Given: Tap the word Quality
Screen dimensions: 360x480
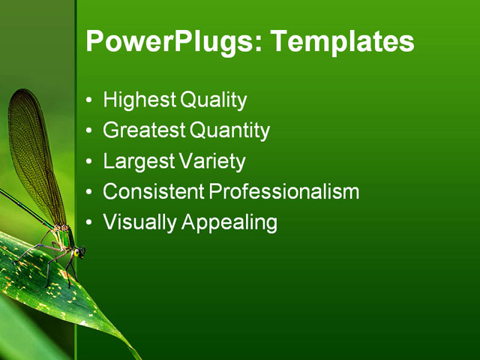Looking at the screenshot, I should [214, 100].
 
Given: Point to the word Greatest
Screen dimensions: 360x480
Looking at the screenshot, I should [145, 130].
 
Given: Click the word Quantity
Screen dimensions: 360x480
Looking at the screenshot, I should [229, 130].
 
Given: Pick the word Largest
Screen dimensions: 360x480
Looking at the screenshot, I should [139, 161].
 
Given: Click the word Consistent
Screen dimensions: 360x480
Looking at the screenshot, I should [154, 192].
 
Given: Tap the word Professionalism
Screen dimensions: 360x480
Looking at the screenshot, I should [284, 192].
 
